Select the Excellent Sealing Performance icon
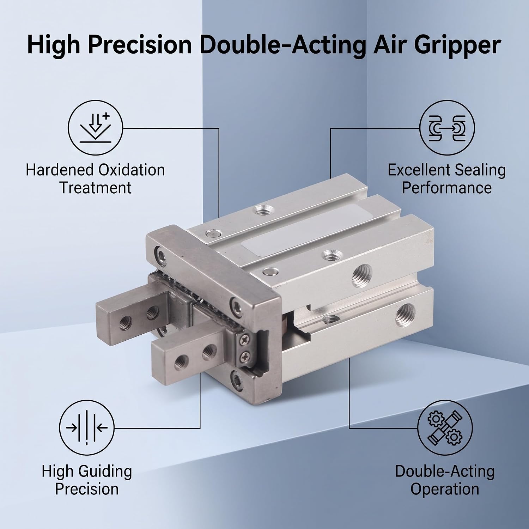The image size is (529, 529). tap(447, 127)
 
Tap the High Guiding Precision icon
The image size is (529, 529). tap(86, 428)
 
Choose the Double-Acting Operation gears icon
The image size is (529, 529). tap(445, 428)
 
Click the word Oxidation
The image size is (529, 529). tap(131, 170)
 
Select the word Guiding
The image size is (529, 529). tap(105, 472)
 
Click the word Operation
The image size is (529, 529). tap(445, 489)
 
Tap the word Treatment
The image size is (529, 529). tap(96, 187)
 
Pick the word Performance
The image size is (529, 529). tap(447, 187)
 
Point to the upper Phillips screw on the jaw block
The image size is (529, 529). tap(244, 340)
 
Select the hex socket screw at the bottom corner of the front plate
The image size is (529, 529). tap(237, 380)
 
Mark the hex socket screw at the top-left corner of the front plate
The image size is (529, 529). tap(162, 254)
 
